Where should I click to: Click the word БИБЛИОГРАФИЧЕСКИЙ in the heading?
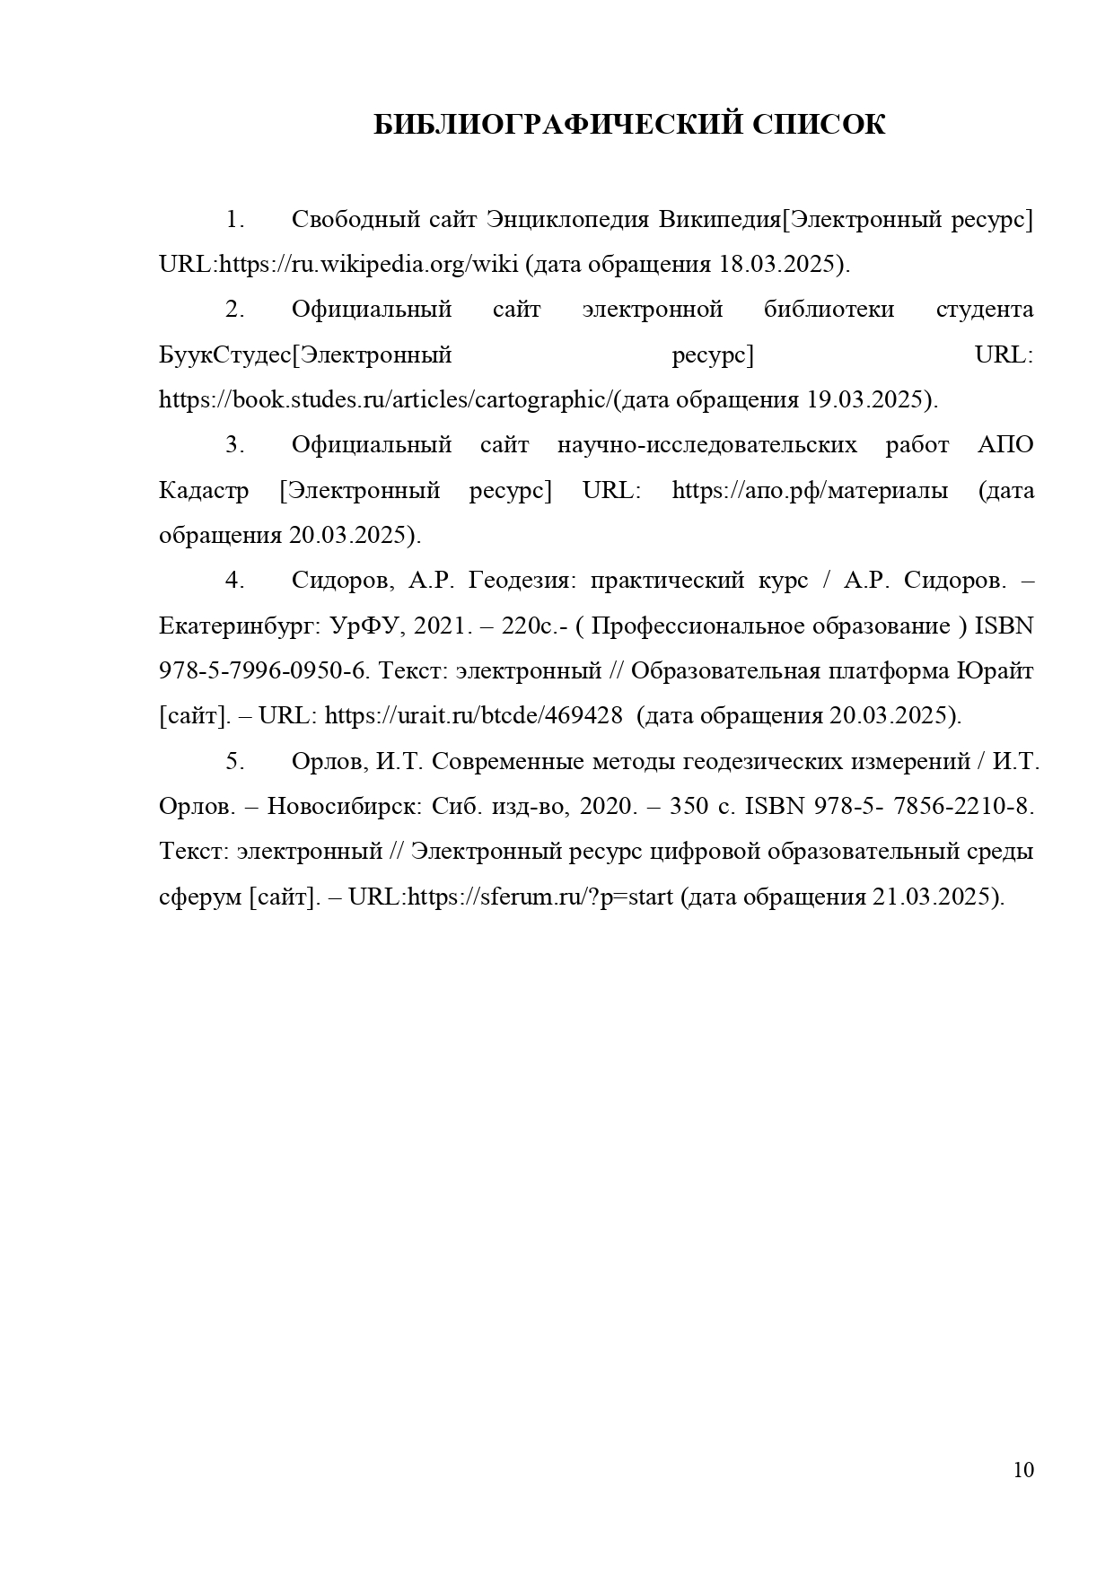557,125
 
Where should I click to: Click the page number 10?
1023,1470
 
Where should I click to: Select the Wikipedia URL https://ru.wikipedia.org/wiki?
369,265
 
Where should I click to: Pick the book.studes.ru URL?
386,400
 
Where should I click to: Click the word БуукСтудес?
225,355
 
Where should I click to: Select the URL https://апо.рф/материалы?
810,491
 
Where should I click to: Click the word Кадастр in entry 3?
204,491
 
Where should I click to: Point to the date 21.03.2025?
934,897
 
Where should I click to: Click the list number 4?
234,581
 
